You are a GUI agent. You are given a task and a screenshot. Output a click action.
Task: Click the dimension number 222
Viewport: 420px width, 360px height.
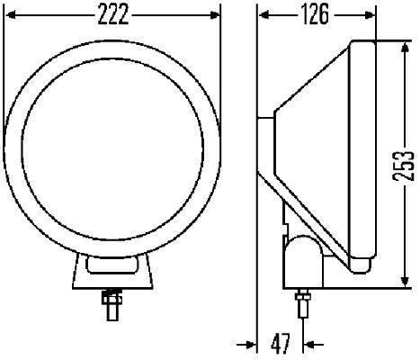(x=112, y=14)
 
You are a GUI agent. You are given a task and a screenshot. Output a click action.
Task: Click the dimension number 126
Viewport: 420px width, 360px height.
(x=316, y=14)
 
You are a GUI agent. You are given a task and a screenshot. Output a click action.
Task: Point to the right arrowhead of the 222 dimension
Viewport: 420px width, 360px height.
(x=216, y=14)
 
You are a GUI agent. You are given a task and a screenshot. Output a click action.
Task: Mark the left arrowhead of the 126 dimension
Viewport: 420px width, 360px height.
(x=262, y=14)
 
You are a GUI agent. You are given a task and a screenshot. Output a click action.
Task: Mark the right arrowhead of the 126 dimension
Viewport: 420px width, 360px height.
(x=370, y=14)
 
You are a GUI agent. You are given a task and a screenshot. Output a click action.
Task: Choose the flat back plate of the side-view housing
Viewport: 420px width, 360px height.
(x=264, y=117)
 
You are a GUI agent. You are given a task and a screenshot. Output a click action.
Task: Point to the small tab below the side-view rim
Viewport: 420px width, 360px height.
(x=361, y=264)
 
